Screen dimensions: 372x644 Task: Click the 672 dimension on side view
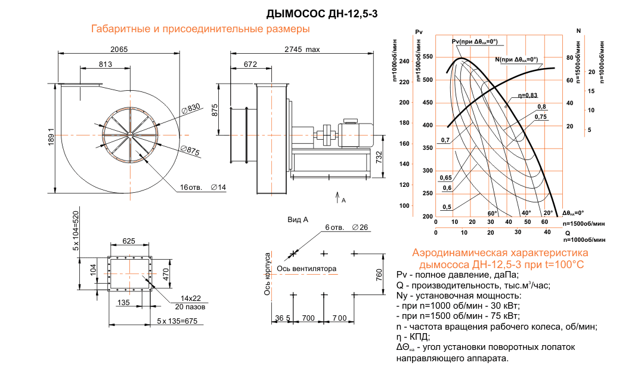tap(250, 64)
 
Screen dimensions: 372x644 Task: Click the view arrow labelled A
tap(339, 197)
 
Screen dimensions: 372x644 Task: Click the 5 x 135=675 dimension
tap(177, 321)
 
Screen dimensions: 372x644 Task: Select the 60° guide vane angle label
tap(491, 213)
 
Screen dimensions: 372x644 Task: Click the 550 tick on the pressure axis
tap(428, 57)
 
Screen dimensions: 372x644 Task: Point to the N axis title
tap(578, 30)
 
